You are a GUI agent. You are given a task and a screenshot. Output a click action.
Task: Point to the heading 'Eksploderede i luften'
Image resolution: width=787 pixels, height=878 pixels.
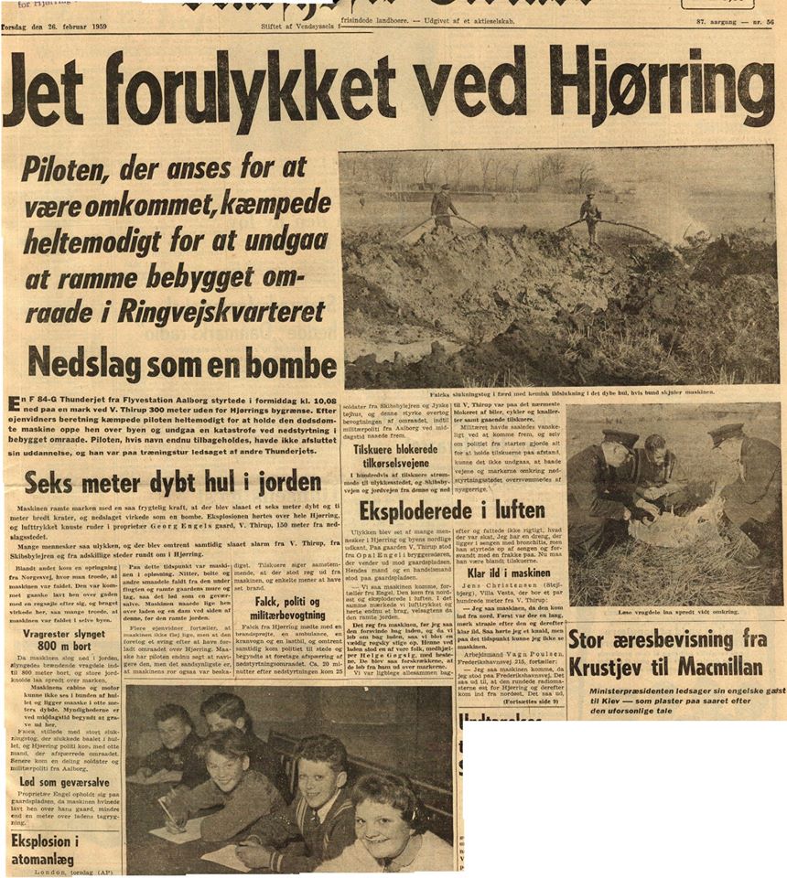(x=452, y=509)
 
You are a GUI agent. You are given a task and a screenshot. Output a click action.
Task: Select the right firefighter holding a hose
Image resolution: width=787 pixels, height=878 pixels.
(x=590, y=215)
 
